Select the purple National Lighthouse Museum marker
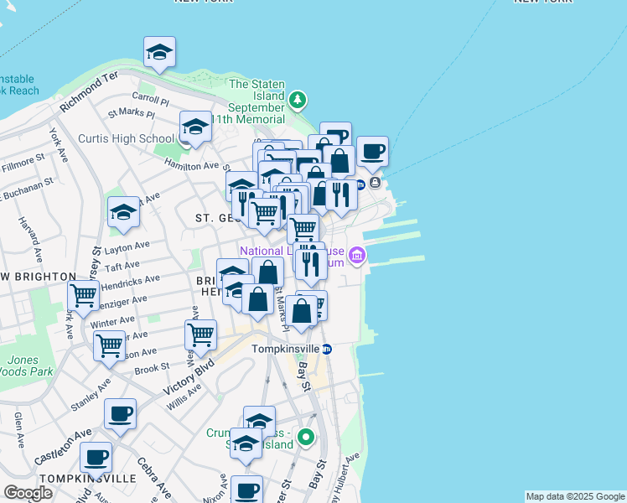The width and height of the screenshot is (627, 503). coord(357,255)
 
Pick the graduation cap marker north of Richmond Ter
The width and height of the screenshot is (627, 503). coord(159,54)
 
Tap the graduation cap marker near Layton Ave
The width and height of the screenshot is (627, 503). coord(123,212)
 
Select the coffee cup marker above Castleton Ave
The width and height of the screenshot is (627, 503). coord(121,413)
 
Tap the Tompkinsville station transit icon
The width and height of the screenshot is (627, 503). coord(328,349)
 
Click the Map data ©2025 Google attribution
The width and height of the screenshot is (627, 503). coord(575,496)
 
